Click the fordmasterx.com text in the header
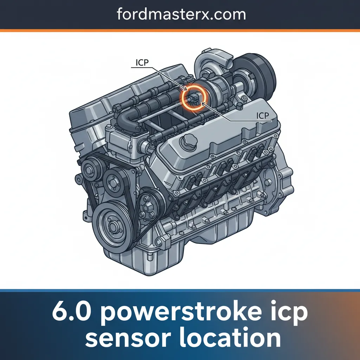pyautogui.click(x=180, y=15)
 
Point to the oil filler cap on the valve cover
pyautogui.click(x=187, y=142)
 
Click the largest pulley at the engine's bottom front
pyautogui.click(x=112, y=225)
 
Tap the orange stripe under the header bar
pyautogui.click(x=180, y=31)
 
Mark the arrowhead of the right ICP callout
pyautogui.click(x=203, y=103)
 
